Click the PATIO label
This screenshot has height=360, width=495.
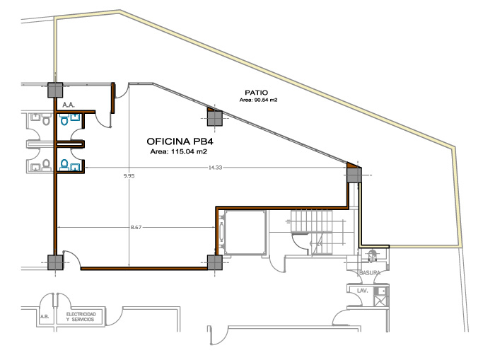[x=256, y=93]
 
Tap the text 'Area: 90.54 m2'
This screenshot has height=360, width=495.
[x=258, y=100]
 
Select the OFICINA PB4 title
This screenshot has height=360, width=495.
[x=177, y=141]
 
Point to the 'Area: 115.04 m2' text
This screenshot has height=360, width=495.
[x=178, y=151]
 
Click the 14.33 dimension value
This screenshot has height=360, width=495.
[x=215, y=168]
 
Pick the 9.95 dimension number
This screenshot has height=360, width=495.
[x=129, y=176]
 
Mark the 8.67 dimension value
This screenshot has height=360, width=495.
[x=136, y=227]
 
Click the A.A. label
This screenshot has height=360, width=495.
[x=69, y=105]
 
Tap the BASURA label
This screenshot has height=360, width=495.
[x=370, y=273]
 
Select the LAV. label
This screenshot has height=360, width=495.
[x=362, y=291]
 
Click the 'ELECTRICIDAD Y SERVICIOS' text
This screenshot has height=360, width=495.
[x=81, y=317]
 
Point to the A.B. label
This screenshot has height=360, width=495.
[x=45, y=316]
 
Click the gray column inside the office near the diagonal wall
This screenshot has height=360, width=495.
[x=215, y=118]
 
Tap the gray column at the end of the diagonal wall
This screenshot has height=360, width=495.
[x=354, y=175]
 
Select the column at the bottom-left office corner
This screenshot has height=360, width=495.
[x=55, y=262]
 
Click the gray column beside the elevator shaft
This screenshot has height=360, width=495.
[x=215, y=262]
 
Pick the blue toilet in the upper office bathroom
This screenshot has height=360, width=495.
[x=64, y=120]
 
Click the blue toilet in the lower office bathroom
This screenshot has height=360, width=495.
[x=64, y=165]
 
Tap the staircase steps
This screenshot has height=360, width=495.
[x=312, y=232]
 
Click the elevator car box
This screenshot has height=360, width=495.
[x=245, y=233]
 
